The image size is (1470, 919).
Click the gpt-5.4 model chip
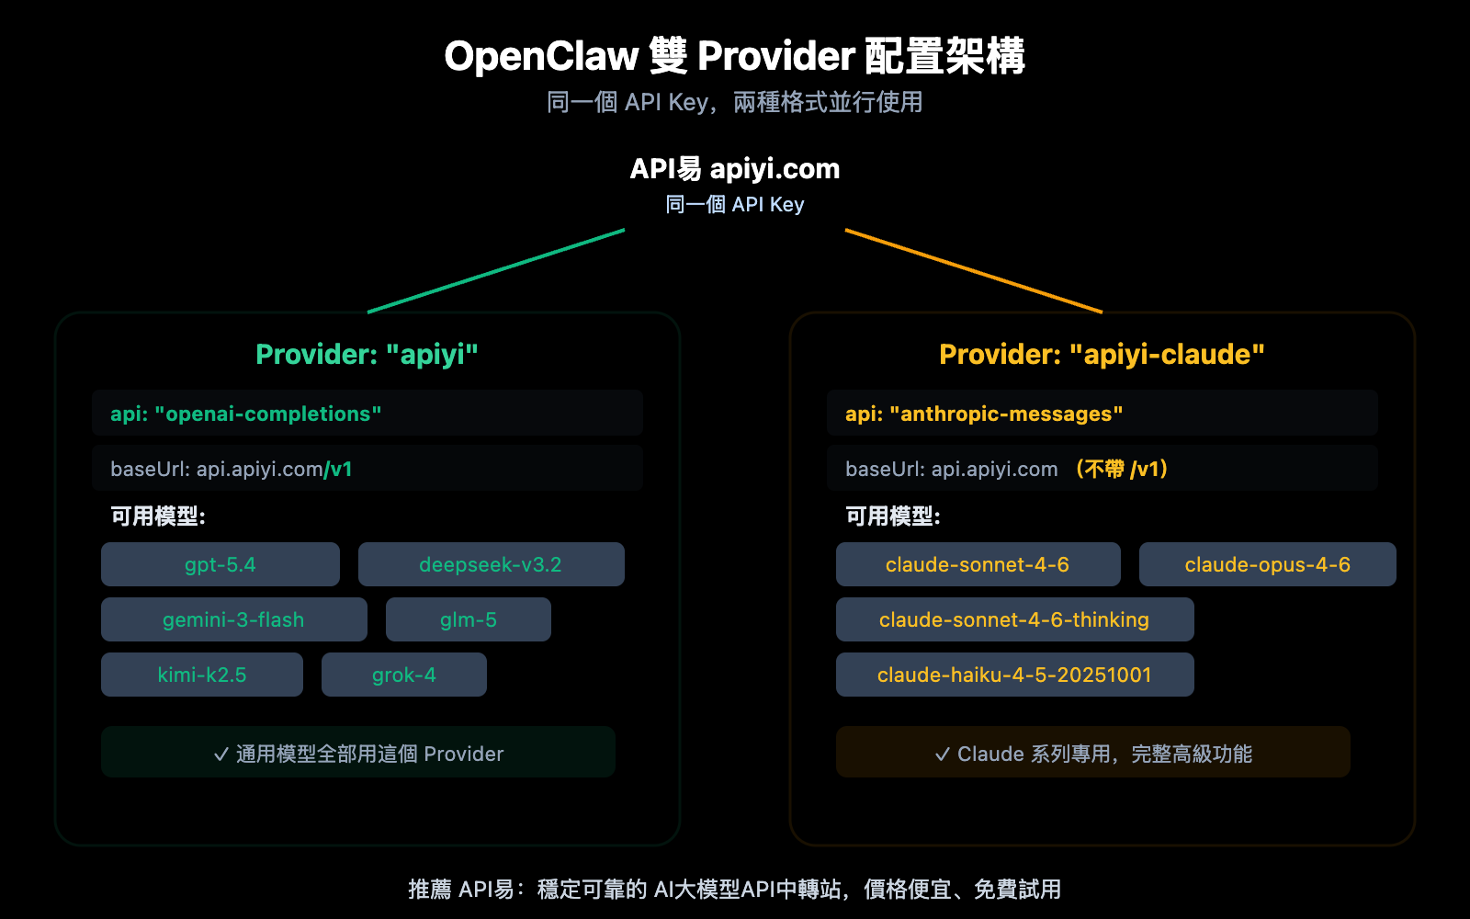click(x=220, y=564)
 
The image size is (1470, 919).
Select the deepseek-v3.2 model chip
click(x=491, y=564)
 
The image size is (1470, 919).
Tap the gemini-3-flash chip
click(x=233, y=619)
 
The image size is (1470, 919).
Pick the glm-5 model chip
click(x=468, y=619)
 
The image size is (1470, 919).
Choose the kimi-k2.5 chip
click(x=202, y=675)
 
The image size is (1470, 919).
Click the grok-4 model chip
click(x=403, y=675)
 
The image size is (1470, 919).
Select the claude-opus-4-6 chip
click(x=1267, y=564)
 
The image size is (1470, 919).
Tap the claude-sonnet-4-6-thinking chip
click(x=1014, y=619)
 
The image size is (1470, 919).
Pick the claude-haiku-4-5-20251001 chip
click(x=1014, y=675)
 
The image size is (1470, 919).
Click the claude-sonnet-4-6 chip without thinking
click(x=978, y=564)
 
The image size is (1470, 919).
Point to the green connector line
click(x=496, y=271)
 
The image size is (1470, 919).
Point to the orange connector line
click(x=974, y=271)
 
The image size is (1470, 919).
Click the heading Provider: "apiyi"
click(x=367, y=355)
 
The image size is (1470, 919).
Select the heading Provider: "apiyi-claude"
click(x=1102, y=355)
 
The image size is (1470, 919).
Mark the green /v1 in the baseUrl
click(x=338, y=470)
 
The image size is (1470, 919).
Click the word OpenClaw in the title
click(x=540, y=57)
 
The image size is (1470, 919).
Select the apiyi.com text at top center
click(x=775, y=169)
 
